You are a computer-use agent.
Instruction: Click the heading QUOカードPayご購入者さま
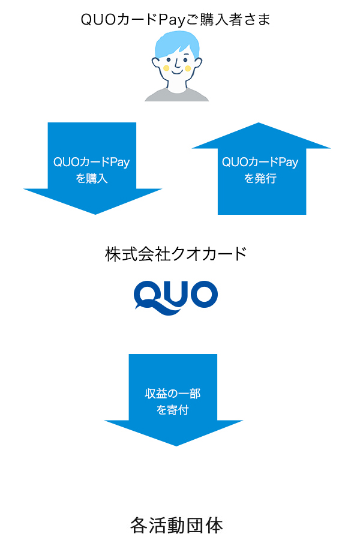tap(176, 19)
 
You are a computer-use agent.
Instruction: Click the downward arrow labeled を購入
tap(92, 168)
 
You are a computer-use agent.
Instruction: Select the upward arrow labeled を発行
tap(262, 168)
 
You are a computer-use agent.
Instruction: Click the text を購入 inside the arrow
tap(92, 178)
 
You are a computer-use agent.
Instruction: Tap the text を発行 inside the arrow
tap(260, 178)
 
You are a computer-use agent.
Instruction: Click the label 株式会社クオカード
tap(176, 254)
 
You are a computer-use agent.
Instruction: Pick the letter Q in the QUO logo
tap(147, 295)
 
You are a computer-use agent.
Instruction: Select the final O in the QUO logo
tap(202, 294)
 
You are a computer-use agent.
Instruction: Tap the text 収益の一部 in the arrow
tap(173, 394)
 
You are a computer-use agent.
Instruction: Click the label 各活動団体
tap(176, 526)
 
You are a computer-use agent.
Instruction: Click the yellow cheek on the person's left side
tap(166, 68)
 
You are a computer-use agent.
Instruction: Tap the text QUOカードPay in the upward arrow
tap(260, 163)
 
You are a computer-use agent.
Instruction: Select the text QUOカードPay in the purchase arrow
tap(92, 163)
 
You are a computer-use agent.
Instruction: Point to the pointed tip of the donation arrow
tap(174, 444)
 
